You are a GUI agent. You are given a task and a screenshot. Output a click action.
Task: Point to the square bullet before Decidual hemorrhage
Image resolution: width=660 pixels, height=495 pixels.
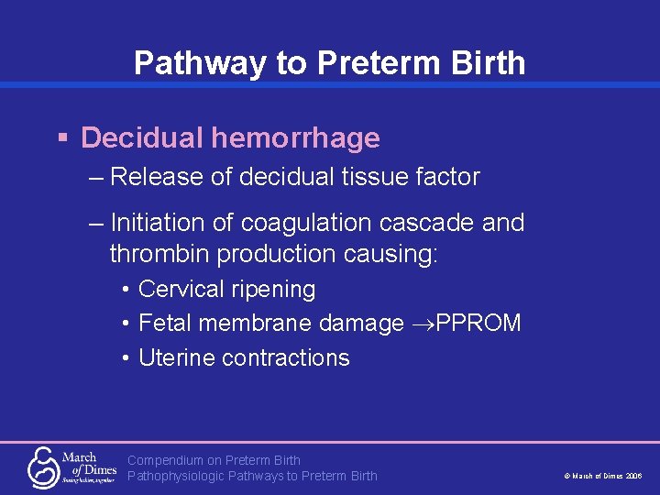tap(62, 138)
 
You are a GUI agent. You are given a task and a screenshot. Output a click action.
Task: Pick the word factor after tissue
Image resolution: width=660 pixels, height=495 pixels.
tap(447, 177)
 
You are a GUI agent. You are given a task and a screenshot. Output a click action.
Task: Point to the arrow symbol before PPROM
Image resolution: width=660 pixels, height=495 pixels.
tap(422, 324)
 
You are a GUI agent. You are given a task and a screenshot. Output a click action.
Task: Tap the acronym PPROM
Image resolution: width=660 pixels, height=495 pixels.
tap(478, 324)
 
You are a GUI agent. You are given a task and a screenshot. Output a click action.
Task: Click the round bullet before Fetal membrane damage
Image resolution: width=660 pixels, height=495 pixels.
tap(124, 324)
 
